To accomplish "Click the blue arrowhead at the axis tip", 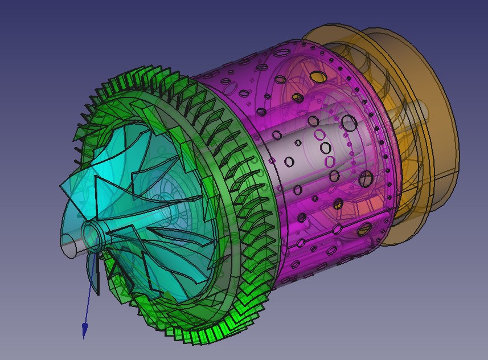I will tap(85, 330).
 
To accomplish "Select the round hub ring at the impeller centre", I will tap(92, 231).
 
